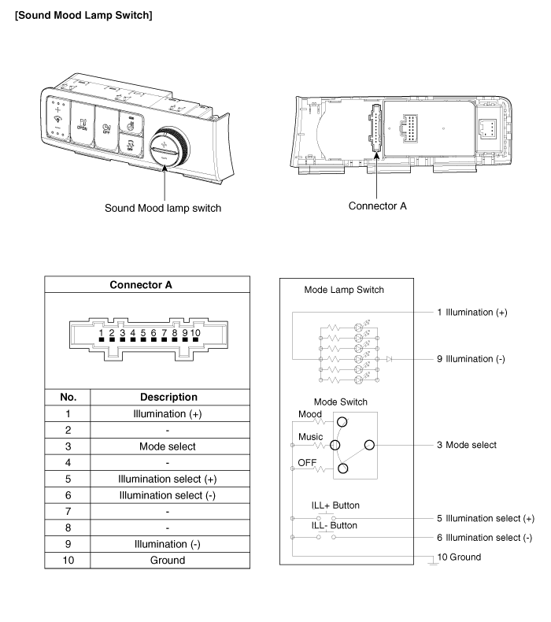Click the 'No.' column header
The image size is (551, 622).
click(68, 397)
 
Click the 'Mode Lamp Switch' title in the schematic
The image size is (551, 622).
click(344, 289)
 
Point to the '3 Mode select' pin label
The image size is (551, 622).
click(467, 445)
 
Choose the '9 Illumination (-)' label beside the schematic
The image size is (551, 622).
click(471, 359)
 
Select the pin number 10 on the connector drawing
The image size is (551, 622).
click(195, 333)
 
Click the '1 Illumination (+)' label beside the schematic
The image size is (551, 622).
click(472, 312)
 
